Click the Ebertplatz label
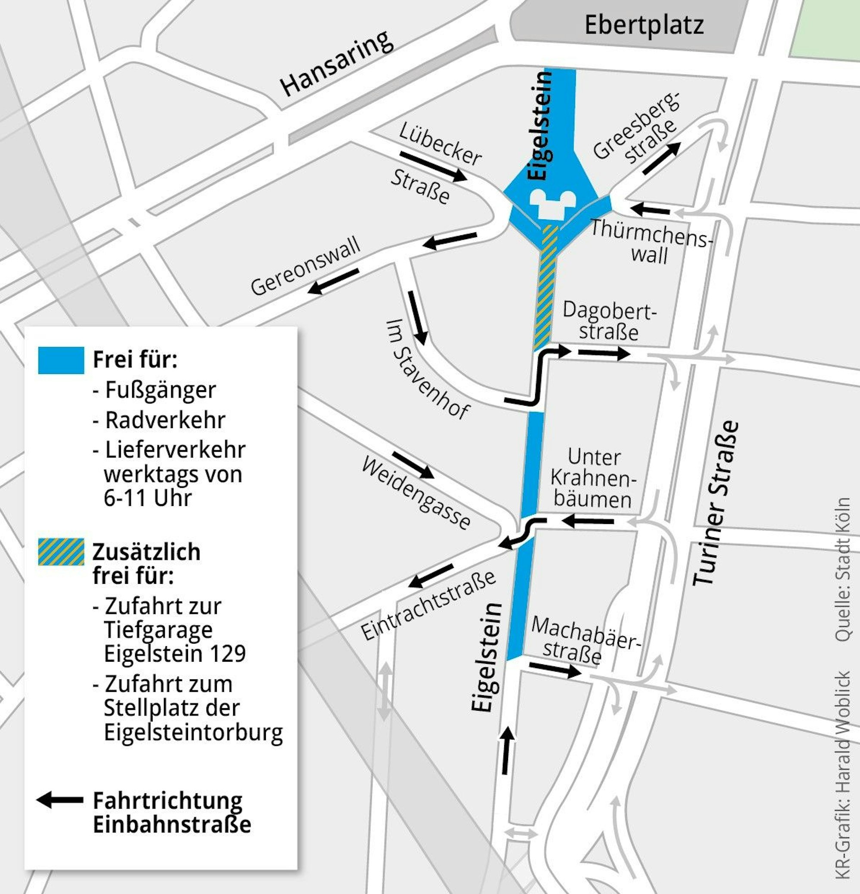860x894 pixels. tap(644, 25)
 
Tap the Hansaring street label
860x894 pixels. tap(337, 63)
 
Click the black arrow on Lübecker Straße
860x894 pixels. tap(433, 166)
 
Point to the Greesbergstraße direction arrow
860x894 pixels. tap(662, 158)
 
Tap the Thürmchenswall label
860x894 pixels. tap(650, 241)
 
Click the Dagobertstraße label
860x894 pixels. tap(609, 321)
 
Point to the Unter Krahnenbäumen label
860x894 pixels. tap(593, 478)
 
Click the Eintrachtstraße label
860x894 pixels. tap(428, 605)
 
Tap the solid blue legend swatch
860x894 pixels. tap(61, 361)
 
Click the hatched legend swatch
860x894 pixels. tap(61, 552)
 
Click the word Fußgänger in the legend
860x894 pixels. tap(160, 390)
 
